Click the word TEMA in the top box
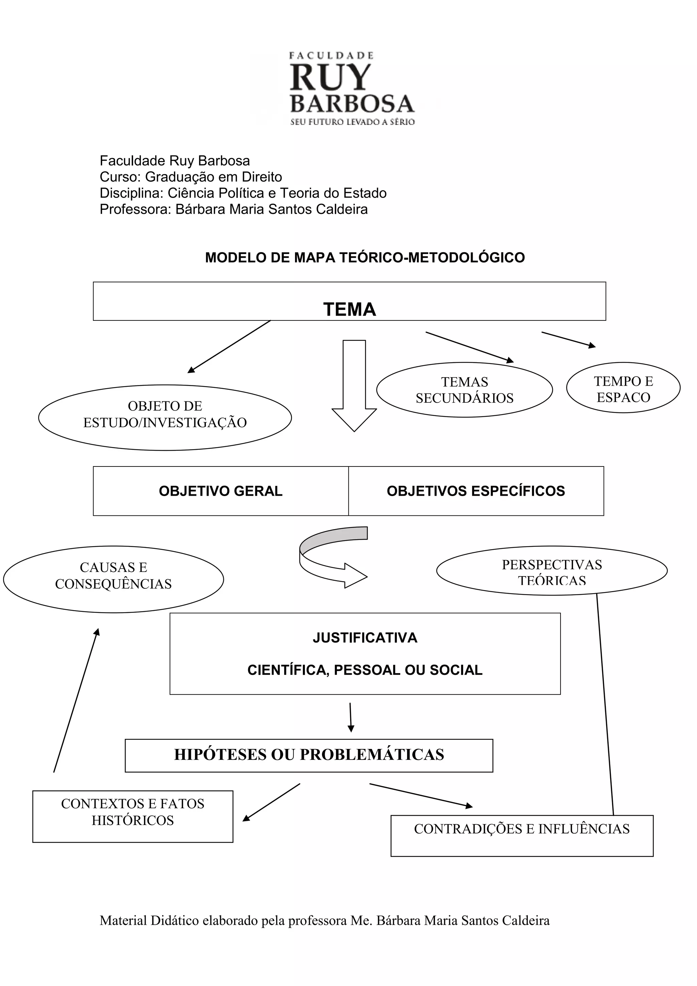350,309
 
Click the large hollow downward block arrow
354,386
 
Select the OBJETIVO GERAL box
221,491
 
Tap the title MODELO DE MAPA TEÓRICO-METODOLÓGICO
365,258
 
